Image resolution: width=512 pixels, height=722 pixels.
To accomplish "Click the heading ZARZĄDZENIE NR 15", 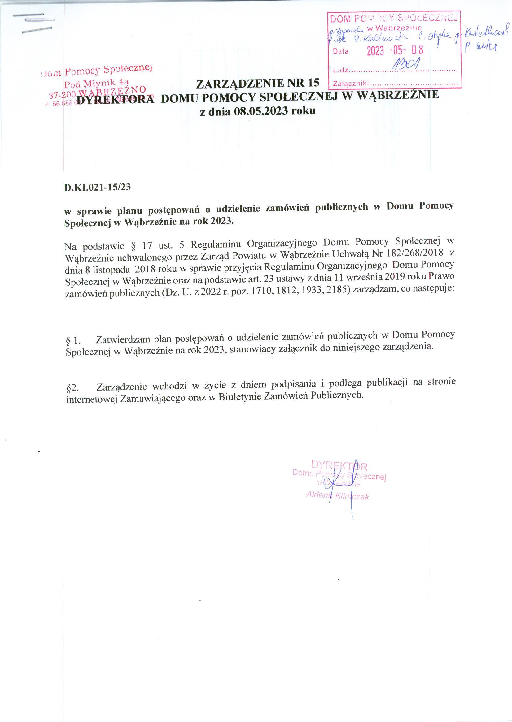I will [258, 83].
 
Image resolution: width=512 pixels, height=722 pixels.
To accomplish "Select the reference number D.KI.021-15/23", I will [97, 188].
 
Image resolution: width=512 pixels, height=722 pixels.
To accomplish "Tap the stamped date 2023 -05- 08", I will [394, 50].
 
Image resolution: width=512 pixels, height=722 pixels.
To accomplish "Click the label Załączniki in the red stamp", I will [351, 84].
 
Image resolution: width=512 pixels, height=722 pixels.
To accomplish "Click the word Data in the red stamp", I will [341, 51].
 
